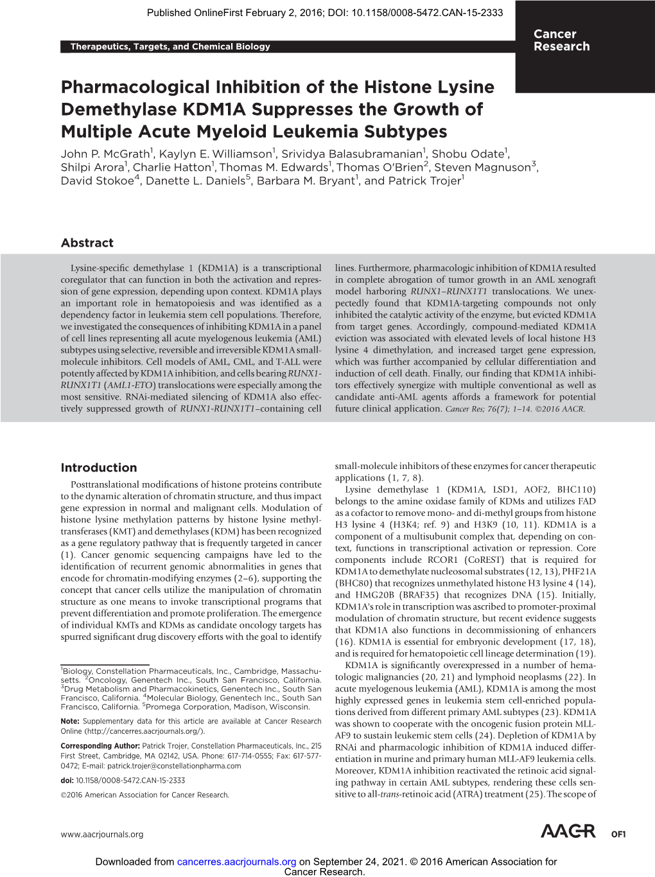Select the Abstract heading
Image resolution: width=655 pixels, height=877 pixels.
pyautogui.click(x=87, y=243)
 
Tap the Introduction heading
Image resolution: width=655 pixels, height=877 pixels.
pyautogui.click(x=98, y=468)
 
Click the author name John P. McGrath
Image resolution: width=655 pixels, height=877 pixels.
pyautogui.click(x=105, y=154)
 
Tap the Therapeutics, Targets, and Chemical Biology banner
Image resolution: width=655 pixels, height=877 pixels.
pyautogui.click(x=170, y=46)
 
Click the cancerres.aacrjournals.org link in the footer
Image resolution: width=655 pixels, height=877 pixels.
pyautogui.click(x=236, y=862)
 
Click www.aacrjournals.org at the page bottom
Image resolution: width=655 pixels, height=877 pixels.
pyautogui.click(x=101, y=835)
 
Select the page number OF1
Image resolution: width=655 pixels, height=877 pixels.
pyautogui.click(x=618, y=835)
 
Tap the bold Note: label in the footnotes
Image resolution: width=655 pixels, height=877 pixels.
pyautogui.click(x=70, y=722)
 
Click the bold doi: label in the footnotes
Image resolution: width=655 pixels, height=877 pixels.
pyautogui.click(x=67, y=781)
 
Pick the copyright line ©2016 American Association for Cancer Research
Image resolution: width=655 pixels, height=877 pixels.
pyautogui.click(x=144, y=795)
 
